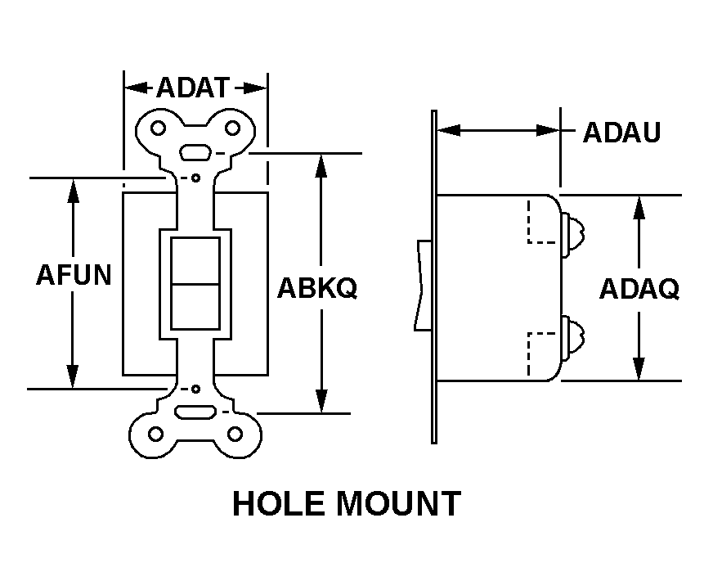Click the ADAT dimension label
[x=195, y=87]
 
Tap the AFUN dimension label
[x=74, y=274]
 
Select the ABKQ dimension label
[x=317, y=288]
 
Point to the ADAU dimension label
[x=621, y=133]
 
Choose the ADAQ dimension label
[x=639, y=288]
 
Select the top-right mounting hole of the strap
[x=233, y=128]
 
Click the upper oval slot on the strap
[x=195, y=152]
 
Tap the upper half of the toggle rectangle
[x=195, y=260]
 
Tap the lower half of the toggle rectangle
[x=195, y=305]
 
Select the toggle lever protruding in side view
[x=424, y=285]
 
